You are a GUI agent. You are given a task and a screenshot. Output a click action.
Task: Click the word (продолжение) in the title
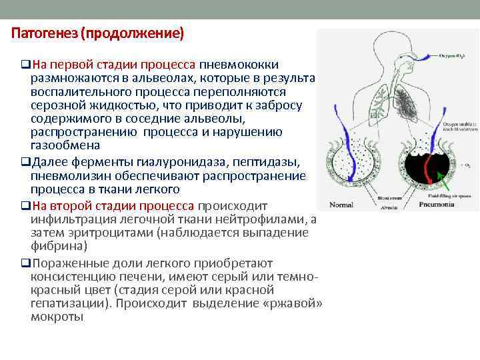point(131,33)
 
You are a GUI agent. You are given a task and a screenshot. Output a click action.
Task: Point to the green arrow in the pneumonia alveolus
point(439,178)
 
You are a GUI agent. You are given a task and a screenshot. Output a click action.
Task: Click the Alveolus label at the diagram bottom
point(384,207)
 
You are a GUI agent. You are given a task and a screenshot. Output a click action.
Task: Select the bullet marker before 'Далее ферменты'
point(25,163)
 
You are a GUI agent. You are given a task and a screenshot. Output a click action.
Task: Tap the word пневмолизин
point(64,175)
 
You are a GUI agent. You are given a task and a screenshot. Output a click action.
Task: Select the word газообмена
point(65,145)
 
